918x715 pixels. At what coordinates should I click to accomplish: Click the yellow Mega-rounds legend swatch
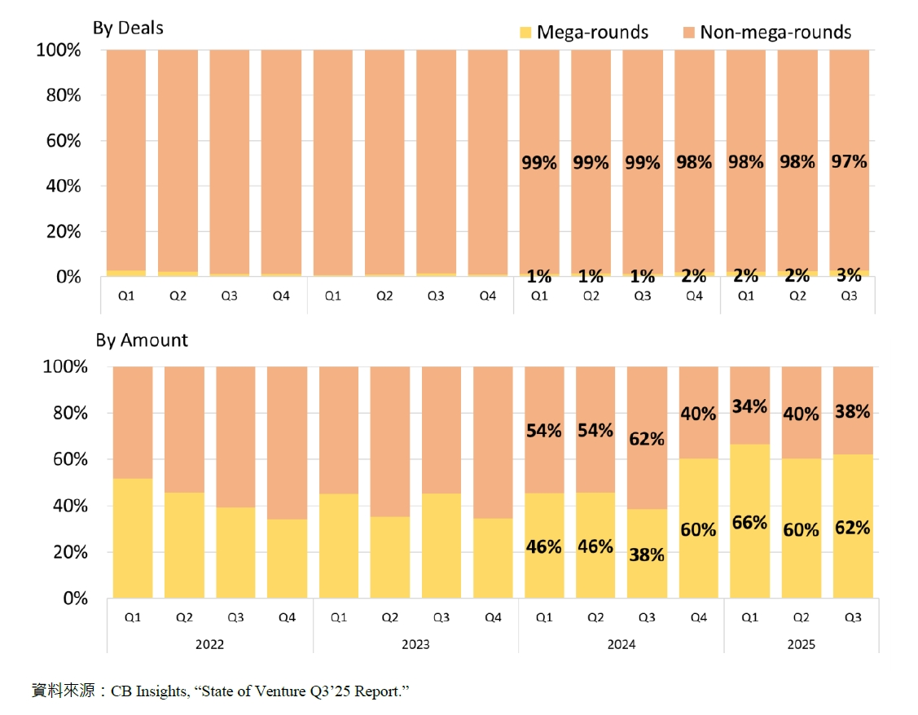525,33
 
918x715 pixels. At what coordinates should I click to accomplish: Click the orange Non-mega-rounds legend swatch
688,33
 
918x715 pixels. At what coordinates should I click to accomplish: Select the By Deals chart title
128,28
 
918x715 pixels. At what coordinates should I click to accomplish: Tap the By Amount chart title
142,340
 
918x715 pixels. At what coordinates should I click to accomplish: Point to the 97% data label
849,161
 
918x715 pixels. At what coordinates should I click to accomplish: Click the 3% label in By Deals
849,275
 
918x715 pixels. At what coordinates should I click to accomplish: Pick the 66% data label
749,523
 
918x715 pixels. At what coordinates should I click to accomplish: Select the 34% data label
749,406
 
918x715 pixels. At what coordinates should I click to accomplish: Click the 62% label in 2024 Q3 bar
647,439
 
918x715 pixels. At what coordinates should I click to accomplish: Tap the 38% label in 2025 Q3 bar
852,411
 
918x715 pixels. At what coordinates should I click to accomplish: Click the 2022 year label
209,644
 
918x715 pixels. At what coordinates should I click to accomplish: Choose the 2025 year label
801,644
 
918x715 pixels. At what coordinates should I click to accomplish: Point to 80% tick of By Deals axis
64,95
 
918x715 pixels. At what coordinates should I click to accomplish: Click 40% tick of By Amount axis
70,506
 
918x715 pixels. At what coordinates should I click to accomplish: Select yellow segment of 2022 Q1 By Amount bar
133,538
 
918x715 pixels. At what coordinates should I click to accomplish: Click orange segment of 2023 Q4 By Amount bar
493,442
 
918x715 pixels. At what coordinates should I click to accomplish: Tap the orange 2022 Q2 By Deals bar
178,160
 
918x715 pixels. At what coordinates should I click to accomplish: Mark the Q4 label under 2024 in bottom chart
698,617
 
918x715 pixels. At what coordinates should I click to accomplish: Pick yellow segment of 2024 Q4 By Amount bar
698,529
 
